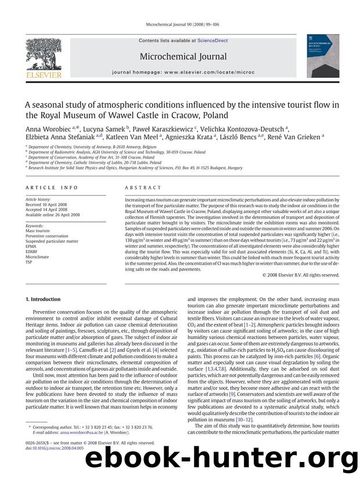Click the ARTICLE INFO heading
[47, 187]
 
